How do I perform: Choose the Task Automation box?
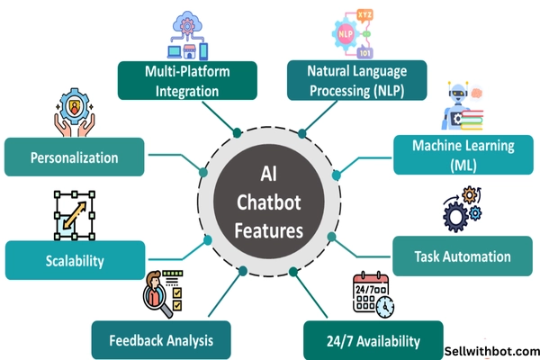point(463,256)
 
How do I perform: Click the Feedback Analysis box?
point(162,340)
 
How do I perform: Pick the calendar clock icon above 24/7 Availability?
point(373,295)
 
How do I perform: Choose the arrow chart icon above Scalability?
point(75,216)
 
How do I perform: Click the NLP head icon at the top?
point(352,34)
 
